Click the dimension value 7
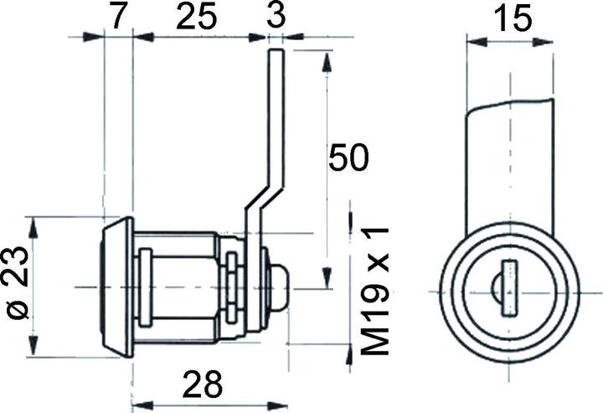tap(119, 17)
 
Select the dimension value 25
tap(197, 17)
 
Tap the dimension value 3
tap(276, 15)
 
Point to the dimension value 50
tap(348, 157)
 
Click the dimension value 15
tap(513, 18)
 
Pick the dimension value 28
tap(203, 384)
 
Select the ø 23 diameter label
tap(18, 282)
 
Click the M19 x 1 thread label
tap(375, 291)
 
